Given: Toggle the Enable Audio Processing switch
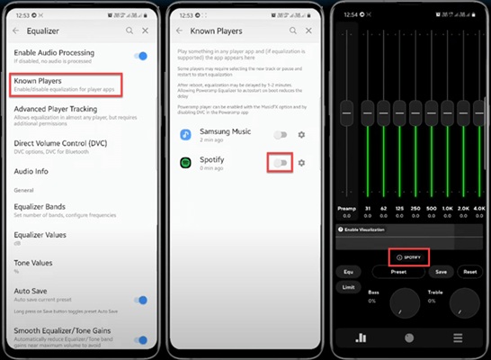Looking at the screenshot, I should pos(139,56).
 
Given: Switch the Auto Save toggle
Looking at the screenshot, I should pos(139,300).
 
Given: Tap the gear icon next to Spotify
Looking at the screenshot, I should pos(301,163).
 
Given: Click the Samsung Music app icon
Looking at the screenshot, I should pos(184,135).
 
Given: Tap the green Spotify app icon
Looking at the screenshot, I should pos(184,163).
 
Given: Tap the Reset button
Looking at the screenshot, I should pos(469,271).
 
